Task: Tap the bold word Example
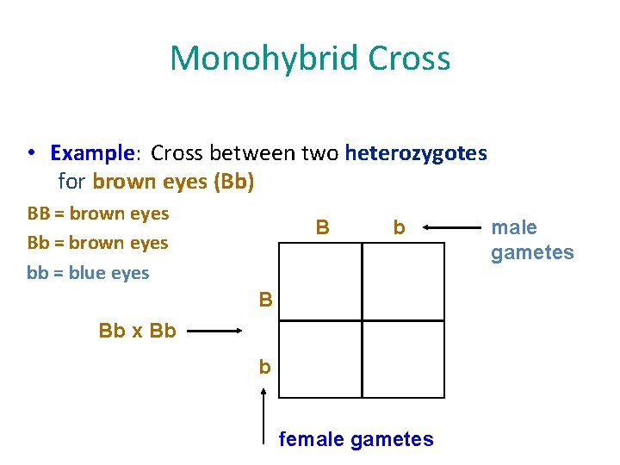[89, 153]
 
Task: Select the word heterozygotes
[416, 153]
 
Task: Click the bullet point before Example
[31, 153]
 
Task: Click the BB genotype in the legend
[39, 214]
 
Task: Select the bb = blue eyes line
[88, 273]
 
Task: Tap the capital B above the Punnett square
[322, 227]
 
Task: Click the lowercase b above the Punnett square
[399, 228]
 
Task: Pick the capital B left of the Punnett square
[266, 301]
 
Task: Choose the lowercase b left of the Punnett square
[265, 368]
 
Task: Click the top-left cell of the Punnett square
[320, 281]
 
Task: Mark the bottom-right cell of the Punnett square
[403, 358]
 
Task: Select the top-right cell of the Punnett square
[403, 281]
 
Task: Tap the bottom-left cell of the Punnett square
[320, 358]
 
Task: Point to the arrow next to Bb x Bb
[215, 331]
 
